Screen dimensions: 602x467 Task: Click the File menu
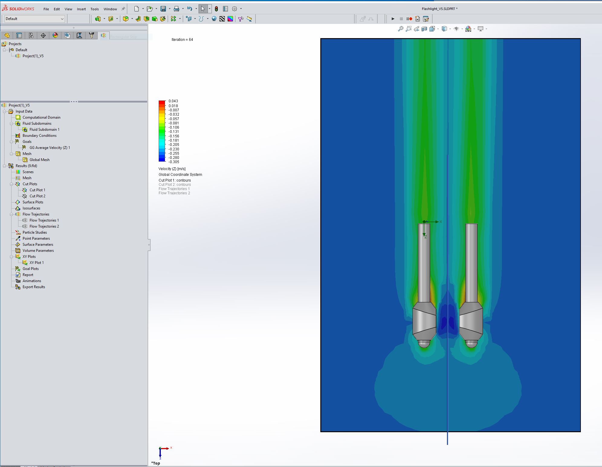46,9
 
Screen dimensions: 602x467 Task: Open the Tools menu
95,9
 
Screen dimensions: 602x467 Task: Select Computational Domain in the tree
41,117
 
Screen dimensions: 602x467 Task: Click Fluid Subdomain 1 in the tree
44,130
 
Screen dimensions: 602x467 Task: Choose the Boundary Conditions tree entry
40,136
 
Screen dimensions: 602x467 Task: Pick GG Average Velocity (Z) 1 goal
50,148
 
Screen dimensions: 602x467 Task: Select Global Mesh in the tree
40,160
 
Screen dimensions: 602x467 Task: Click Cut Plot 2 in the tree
37,196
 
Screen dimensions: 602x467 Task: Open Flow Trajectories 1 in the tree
44,220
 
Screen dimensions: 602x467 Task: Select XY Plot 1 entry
37,263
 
